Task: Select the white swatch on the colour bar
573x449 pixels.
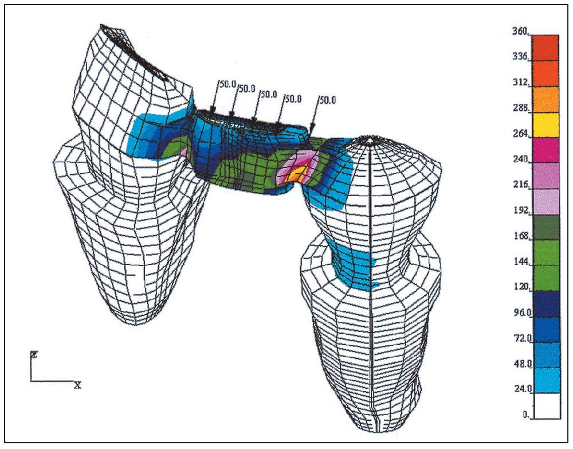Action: pyautogui.click(x=545, y=406)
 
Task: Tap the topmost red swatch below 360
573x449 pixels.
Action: pyautogui.click(x=545, y=47)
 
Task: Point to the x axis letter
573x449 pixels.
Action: pyautogui.click(x=77, y=385)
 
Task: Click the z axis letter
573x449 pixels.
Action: pyautogui.click(x=34, y=354)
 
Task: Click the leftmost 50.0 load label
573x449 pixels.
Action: pyautogui.click(x=227, y=84)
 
